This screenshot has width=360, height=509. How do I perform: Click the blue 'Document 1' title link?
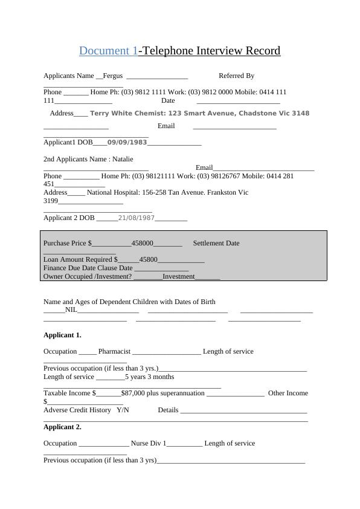(x=108, y=51)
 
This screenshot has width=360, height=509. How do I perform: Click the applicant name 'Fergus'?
(x=113, y=76)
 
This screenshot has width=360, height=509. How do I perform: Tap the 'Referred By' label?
(x=236, y=76)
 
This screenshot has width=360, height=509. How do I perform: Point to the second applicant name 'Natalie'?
(x=123, y=159)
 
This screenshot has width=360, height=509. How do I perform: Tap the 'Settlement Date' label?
(x=216, y=243)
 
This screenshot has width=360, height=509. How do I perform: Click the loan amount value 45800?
(x=148, y=259)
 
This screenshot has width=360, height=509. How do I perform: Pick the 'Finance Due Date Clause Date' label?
(x=88, y=268)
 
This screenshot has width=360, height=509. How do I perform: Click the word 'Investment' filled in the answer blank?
(x=179, y=276)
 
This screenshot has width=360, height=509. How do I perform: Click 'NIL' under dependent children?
(x=71, y=310)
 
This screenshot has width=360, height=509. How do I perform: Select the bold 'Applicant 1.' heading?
(x=62, y=335)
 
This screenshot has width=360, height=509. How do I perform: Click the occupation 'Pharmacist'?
(x=114, y=351)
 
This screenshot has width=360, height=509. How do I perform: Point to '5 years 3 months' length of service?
(x=149, y=377)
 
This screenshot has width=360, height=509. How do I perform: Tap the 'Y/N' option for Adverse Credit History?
(x=123, y=410)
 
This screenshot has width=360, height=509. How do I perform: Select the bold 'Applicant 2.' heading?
(x=62, y=427)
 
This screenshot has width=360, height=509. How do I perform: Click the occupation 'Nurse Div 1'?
(x=148, y=443)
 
